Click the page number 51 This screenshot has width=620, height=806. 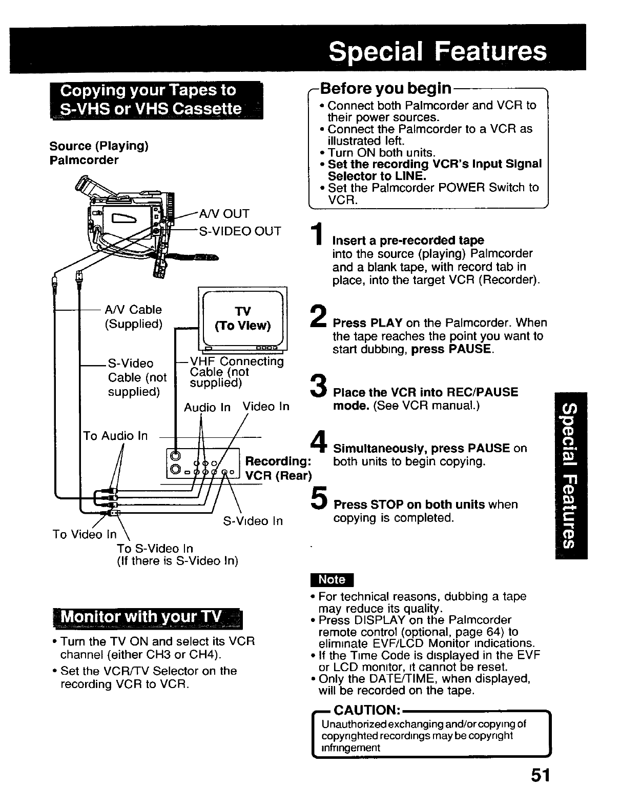pos(540,775)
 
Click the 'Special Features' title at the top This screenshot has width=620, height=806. pos(438,51)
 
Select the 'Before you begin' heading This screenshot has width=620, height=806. pos(385,89)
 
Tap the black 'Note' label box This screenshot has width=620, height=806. pos(332,579)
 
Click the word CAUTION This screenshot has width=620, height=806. pos(366,710)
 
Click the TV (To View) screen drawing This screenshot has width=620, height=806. pos(242,318)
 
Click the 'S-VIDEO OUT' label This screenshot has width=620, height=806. pos(240,231)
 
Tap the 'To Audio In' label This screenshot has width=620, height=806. pos(115,436)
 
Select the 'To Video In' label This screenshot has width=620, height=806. pos(85,534)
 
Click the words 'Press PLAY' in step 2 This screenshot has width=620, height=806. pos(367,323)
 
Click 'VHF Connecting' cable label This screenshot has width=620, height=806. pos(236,361)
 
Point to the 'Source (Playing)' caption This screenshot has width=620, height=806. pos(99,146)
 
